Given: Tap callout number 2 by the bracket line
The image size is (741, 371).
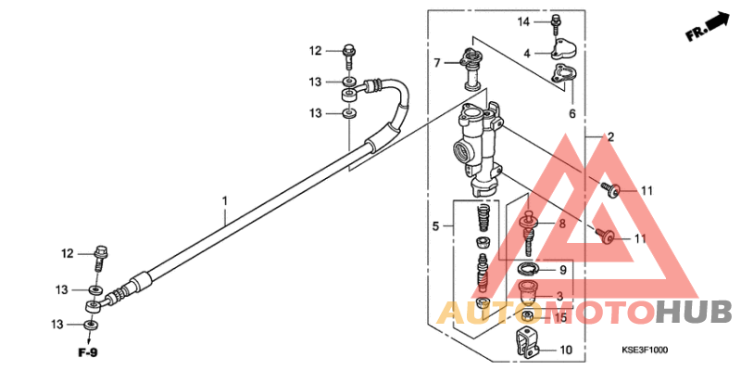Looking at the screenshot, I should click(x=609, y=137).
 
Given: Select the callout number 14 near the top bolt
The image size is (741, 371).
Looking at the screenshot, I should click(x=523, y=21).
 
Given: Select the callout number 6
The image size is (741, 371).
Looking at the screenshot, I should click(x=571, y=113).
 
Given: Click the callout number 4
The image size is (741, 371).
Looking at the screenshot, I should click(x=527, y=54).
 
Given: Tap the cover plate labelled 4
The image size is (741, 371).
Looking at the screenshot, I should click(x=565, y=48).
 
